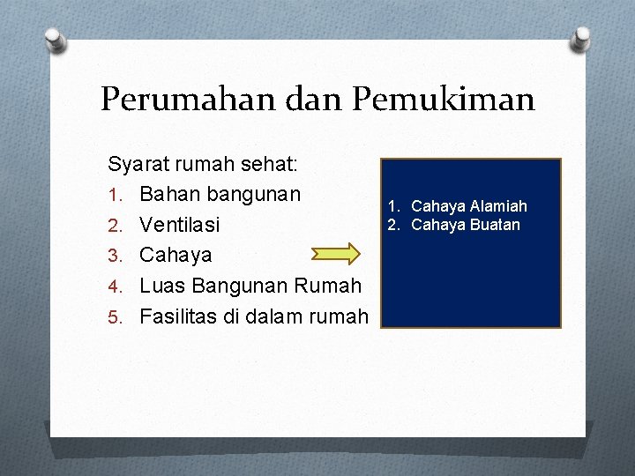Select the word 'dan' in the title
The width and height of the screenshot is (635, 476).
310,99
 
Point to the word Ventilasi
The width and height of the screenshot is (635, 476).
180,225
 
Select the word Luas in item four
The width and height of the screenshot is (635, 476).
161,286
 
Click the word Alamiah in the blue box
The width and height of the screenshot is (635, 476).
498,206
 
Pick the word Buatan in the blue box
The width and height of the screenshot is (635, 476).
495,225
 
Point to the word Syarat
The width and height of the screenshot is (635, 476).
139,164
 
